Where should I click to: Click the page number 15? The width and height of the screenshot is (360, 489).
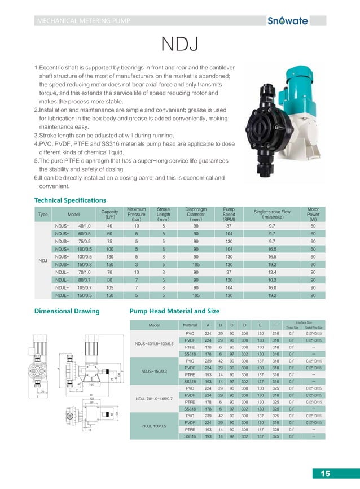(x=325, y=473)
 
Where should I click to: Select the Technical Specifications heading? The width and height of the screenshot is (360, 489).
(x=70, y=200)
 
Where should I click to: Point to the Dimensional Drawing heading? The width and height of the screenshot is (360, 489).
(x=67, y=311)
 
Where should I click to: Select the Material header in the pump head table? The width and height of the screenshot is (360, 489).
(x=190, y=325)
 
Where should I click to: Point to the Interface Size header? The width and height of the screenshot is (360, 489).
(x=305, y=322)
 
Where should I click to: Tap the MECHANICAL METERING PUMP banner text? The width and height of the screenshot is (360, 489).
(x=83, y=21)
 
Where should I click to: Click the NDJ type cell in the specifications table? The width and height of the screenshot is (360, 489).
(x=42, y=260)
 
